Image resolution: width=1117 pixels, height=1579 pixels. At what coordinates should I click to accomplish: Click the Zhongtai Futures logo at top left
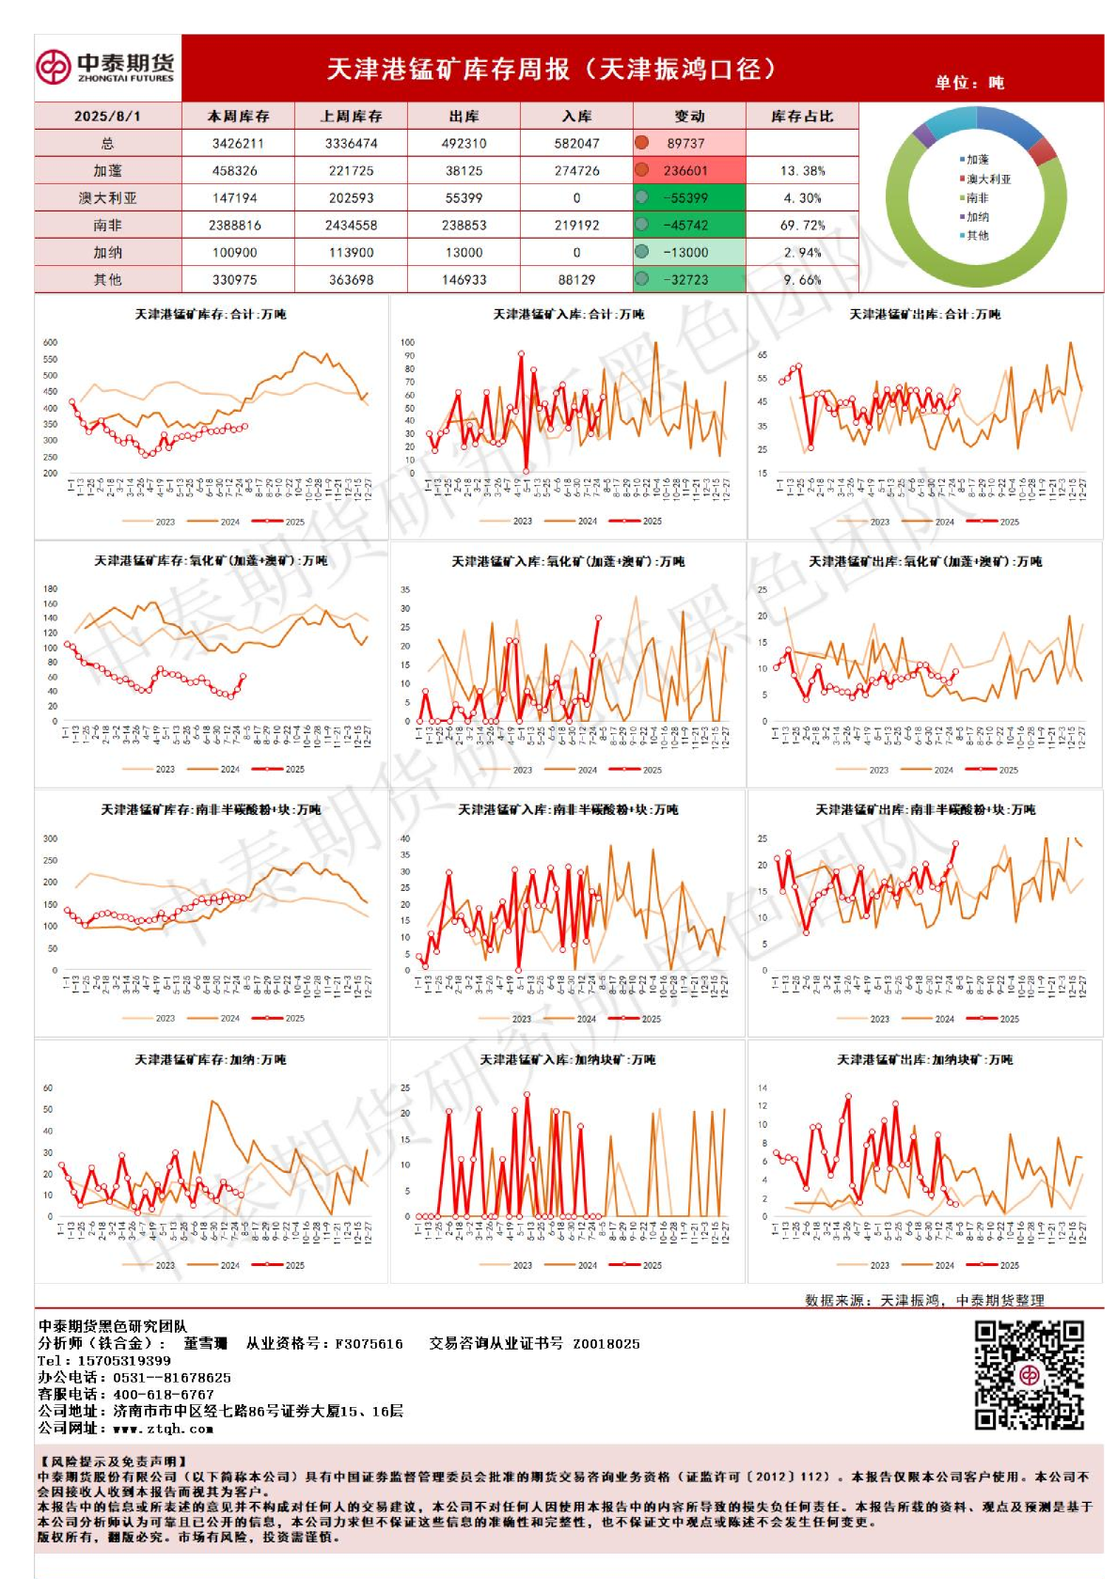coord(105,67)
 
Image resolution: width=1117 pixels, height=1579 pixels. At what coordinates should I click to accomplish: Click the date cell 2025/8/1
coord(107,116)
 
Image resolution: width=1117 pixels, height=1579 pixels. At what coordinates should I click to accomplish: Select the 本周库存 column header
coord(238,116)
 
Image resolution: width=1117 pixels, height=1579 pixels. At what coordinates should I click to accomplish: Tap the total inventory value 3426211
coord(238,143)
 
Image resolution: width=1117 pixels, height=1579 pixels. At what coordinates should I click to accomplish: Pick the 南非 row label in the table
coord(107,226)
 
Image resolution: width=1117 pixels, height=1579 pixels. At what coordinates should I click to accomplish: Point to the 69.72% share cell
coord(802,226)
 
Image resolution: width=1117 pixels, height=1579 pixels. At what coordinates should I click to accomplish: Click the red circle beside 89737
coord(642,143)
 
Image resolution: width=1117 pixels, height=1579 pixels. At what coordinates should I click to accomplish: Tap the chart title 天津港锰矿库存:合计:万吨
coord(211,314)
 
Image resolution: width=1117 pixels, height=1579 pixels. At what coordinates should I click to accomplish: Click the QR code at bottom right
coord(1029,1374)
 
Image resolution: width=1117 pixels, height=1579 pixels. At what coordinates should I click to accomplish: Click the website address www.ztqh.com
coord(163,1428)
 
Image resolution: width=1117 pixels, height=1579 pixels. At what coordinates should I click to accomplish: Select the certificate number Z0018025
coord(606,1343)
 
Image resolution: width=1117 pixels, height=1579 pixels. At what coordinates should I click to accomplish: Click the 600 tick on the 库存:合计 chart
coord(51,343)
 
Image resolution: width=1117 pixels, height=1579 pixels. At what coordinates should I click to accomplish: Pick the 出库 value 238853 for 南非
coord(464,226)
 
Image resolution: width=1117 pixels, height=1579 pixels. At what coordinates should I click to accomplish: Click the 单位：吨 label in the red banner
coord(968,83)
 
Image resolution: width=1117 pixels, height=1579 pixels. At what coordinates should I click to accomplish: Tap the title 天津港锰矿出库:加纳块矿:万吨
coord(924,1059)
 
